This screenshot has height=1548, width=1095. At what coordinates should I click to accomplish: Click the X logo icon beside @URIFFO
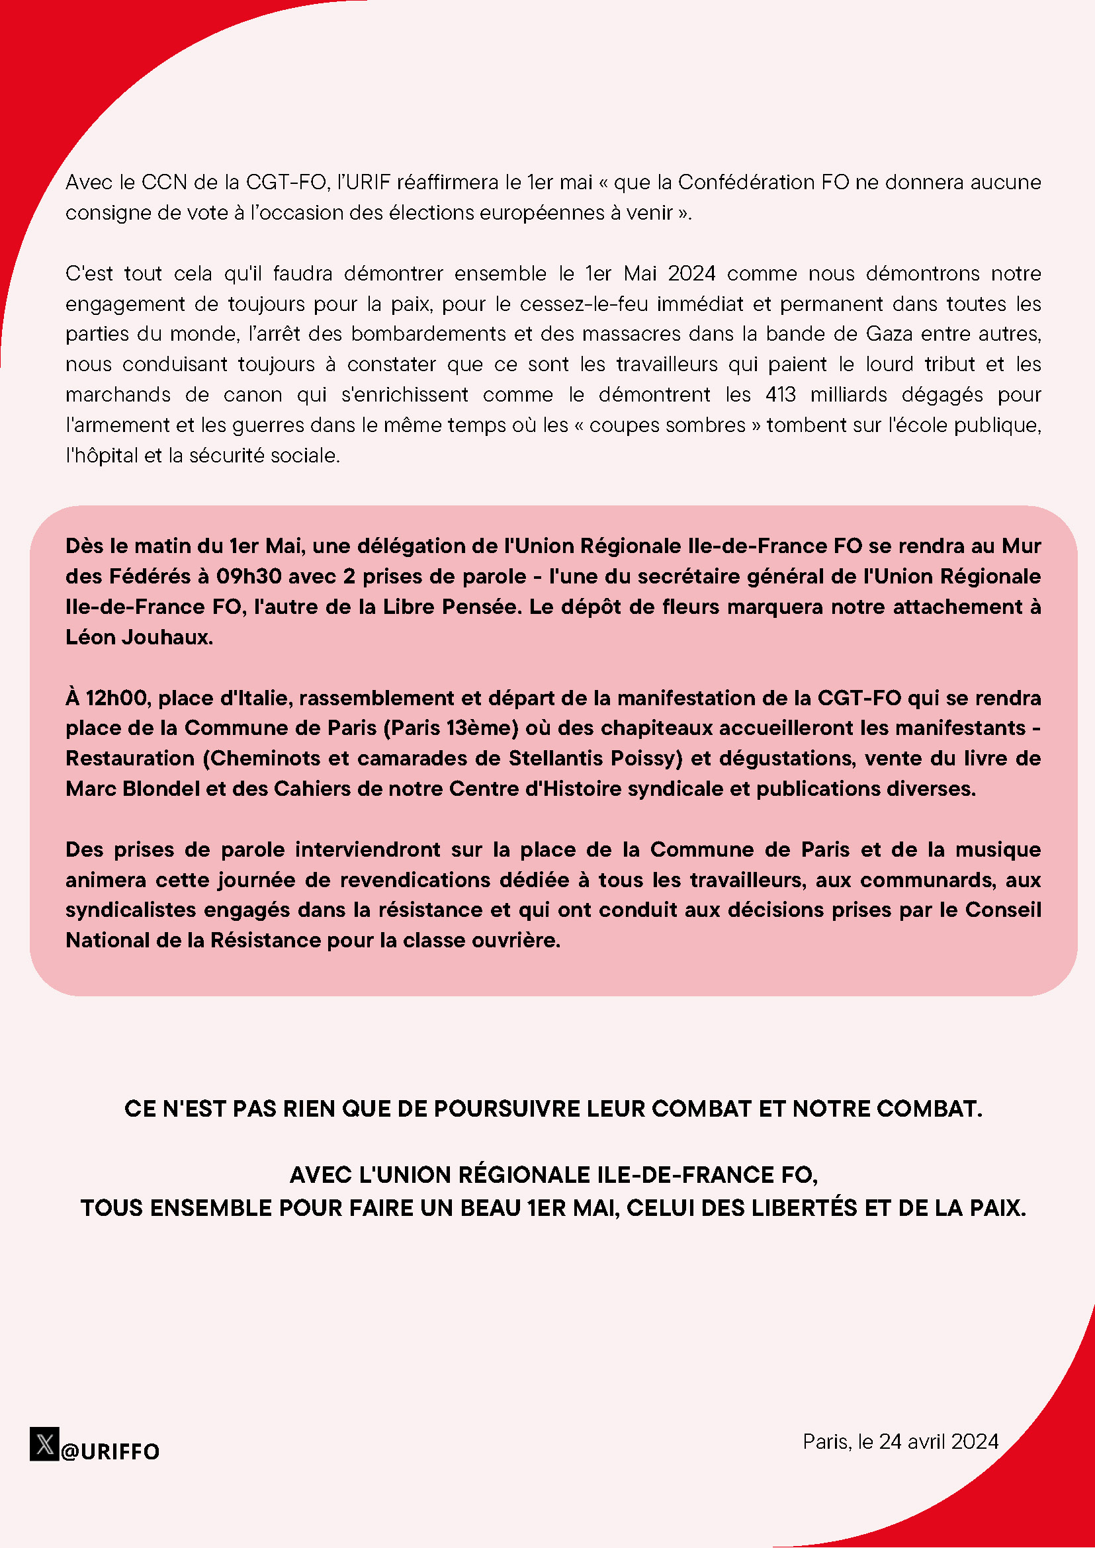pyautogui.click(x=44, y=1443)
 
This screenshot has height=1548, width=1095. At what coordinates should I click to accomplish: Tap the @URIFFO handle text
pyautogui.click(x=110, y=1451)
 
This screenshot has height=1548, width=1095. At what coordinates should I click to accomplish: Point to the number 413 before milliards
pyautogui.click(x=780, y=394)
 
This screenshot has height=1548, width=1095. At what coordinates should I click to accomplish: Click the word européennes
pyautogui.click(x=547, y=213)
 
